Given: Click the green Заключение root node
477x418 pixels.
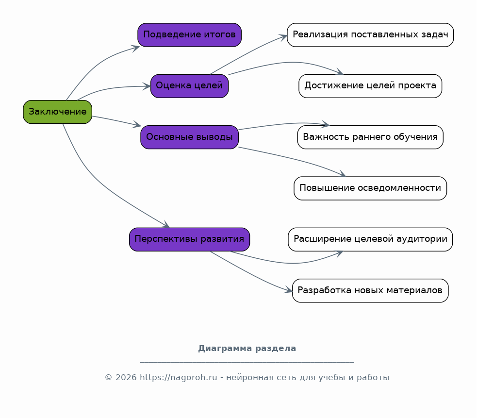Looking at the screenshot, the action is (x=57, y=112).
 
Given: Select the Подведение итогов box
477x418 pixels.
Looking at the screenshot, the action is (x=189, y=34).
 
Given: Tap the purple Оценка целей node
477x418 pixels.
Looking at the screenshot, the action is (x=189, y=86).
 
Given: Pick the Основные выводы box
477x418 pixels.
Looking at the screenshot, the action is (x=189, y=137).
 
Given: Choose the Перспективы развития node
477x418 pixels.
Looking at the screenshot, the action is (x=189, y=239).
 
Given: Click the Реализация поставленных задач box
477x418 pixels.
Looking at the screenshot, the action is (x=370, y=34).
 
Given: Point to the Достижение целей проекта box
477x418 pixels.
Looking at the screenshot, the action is (x=370, y=86).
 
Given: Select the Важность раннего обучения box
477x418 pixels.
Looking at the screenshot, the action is (x=370, y=137).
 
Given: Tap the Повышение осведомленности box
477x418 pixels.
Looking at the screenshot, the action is (x=370, y=188).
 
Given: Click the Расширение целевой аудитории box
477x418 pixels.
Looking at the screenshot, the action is (x=370, y=239).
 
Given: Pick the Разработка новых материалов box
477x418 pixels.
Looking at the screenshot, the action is (x=370, y=290).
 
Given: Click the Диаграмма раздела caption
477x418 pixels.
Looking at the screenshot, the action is (x=247, y=348).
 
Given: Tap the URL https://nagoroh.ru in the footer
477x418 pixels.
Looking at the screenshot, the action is (x=178, y=378).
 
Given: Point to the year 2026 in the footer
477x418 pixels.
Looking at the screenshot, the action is (x=126, y=378).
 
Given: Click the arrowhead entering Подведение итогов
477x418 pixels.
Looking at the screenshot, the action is (x=136, y=48).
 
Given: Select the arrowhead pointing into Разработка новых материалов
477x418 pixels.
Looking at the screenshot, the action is (x=288, y=290).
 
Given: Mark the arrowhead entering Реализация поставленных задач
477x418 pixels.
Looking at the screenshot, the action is (x=283, y=37).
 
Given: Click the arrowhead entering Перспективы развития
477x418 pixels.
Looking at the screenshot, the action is (x=165, y=225).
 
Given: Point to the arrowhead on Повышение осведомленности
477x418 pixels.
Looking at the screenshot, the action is (x=342, y=174).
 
